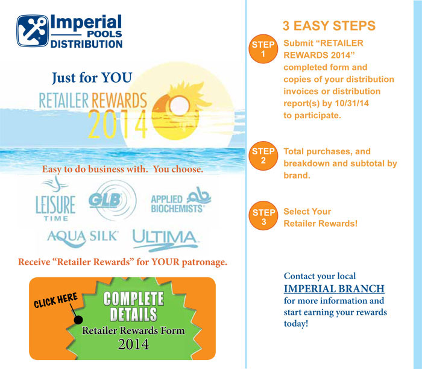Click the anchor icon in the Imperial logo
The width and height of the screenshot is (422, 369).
tap(33, 31)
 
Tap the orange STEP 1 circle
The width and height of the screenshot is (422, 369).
tap(263, 49)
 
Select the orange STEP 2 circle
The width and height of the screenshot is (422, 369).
tap(263, 156)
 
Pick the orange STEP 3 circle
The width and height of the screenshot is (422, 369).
tap(263, 216)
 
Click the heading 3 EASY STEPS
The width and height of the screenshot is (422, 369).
tap(329, 26)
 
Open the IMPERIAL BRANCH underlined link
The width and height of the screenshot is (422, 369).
tap(334, 289)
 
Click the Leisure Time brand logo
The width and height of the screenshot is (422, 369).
tap(55, 198)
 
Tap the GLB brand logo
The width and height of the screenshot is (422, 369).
tap(112, 200)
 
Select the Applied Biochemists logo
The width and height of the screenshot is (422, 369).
tap(181, 200)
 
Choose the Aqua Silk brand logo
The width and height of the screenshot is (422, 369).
tap(83, 238)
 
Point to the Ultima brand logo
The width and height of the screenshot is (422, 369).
tap(165, 241)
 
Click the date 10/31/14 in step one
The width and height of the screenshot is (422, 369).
tap(351, 103)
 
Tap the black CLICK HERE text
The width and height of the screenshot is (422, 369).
tap(55, 300)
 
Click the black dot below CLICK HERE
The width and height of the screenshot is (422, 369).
tap(78, 320)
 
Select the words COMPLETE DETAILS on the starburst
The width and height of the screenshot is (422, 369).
tap(133, 306)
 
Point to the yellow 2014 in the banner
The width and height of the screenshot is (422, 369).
tap(118, 124)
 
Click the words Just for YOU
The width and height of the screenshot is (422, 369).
tap(92, 78)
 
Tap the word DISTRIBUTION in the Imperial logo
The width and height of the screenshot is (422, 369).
tap(86, 44)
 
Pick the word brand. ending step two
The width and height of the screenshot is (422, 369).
tap(297, 175)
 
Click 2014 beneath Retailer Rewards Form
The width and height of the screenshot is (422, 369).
tap(133, 344)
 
